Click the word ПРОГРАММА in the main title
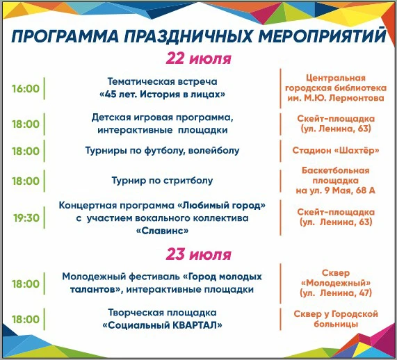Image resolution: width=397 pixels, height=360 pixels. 65,36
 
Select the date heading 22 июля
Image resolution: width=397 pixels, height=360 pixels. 199,58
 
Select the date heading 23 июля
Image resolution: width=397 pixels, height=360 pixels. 199,254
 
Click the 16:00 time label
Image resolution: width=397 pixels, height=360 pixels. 26,88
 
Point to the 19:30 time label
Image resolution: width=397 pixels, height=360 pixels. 26,218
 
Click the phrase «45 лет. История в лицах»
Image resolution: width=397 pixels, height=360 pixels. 162,95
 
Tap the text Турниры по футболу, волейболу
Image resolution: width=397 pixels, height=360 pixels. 162,151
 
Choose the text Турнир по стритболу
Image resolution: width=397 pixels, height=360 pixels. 162,181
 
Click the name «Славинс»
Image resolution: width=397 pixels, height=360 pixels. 162,231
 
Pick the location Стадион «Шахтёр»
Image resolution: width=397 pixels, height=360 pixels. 336,150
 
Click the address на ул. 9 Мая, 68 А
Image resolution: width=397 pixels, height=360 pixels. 336,190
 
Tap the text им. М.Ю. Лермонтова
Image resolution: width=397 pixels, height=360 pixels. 336,98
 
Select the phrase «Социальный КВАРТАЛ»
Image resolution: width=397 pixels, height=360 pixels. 162,325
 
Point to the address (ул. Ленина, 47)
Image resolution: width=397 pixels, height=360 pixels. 336,293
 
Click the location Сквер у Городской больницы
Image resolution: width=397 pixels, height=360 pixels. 336,319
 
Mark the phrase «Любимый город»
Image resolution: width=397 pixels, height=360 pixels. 222,205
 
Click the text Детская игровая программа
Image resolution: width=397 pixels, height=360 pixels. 162,117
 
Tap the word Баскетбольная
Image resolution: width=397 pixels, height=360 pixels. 336,170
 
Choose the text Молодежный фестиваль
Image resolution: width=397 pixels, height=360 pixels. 121,277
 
